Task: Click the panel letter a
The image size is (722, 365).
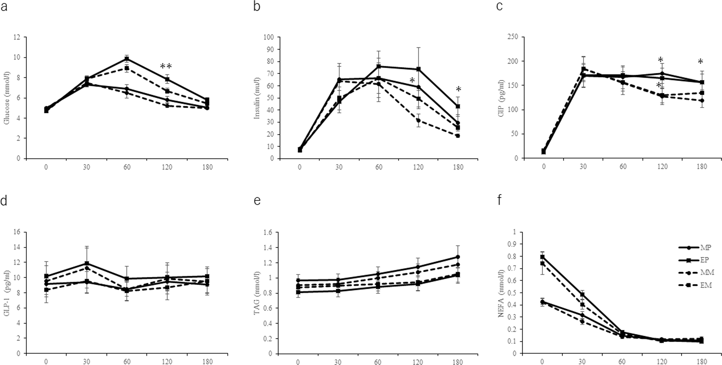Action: (x=4, y=7)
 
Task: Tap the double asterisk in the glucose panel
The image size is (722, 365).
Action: (x=166, y=67)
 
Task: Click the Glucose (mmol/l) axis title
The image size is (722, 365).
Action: (x=6, y=97)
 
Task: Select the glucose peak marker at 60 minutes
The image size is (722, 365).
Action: (x=127, y=59)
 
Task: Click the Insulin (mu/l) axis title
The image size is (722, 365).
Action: (x=256, y=98)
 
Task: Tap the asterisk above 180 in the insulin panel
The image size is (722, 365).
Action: (x=459, y=90)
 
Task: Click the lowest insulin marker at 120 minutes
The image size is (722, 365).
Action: (x=418, y=120)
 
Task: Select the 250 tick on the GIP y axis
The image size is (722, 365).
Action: (x=513, y=37)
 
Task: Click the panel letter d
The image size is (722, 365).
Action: (x=4, y=201)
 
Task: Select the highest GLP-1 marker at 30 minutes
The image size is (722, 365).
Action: (x=86, y=263)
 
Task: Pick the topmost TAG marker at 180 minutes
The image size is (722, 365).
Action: (x=458, y=257)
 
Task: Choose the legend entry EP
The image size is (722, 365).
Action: (x=705, y=260)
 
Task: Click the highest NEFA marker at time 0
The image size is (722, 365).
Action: (x=542, y=257)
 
